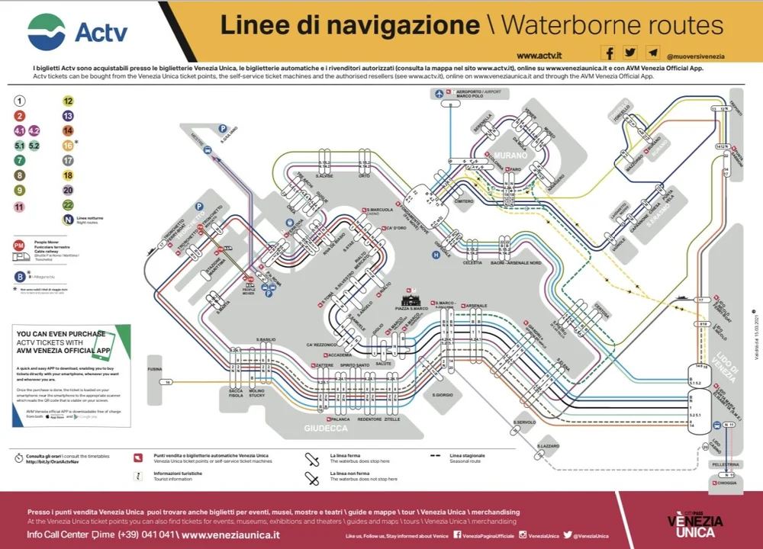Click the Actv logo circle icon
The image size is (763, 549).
pos(47,32)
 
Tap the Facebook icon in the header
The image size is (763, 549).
pos(608,53)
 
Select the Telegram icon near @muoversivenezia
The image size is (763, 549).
pos(652,53)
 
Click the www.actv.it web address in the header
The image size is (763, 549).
pos(539,56)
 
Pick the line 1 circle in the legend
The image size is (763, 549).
pos(20,101)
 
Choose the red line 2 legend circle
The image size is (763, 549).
pos(20,116)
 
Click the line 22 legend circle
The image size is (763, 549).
pos(68,205)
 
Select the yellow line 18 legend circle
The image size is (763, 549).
pos(68,175)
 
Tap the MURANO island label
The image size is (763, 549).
pos(505,156)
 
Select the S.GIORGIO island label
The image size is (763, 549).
pos(443,395)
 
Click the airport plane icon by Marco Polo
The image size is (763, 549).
pos(439,94)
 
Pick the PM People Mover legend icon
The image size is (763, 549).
pos(19,245)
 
